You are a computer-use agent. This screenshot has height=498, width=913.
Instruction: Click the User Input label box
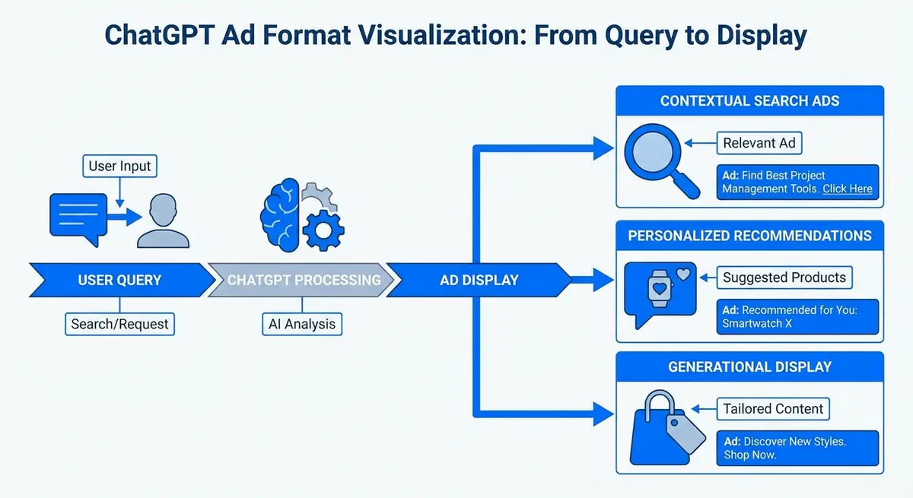click(119, 166)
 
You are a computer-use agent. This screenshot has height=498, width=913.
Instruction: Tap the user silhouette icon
click(163, 221)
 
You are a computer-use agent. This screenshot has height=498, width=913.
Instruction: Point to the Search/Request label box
click(120, 324)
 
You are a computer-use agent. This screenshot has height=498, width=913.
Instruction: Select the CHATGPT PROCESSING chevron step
click(304, 280)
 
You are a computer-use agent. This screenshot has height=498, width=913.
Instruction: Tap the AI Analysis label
click(302, 324)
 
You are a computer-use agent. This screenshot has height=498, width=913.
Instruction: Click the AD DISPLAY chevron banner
click(479, 280)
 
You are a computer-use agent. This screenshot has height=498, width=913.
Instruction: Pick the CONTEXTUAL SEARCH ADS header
click(749, 100)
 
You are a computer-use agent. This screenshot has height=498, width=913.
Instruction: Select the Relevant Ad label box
click(759, 143)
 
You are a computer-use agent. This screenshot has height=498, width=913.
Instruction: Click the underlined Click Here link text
click(847, 189)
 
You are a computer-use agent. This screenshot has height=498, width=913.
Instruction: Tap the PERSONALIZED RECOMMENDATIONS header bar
click(749, 235)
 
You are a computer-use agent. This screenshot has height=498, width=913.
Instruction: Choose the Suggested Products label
click(784, 278)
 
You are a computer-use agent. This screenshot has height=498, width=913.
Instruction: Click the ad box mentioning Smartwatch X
click(797, 317)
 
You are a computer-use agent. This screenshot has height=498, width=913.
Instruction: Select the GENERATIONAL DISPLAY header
click(749, 366)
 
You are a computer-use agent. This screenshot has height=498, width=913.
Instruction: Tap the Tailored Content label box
click(773, 409)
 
